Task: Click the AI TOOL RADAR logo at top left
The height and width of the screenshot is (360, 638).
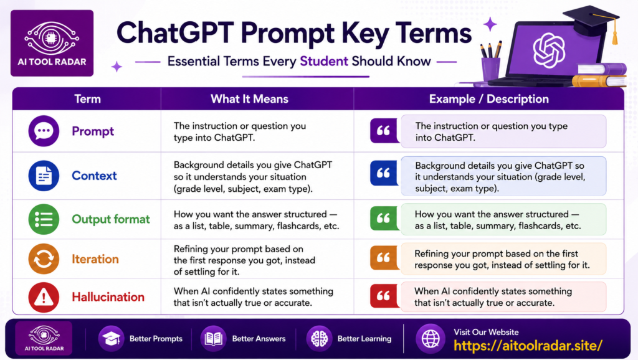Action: click(52, 43)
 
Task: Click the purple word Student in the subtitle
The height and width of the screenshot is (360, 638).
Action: click(324, 61)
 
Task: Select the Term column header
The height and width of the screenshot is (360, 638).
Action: click(87, 99)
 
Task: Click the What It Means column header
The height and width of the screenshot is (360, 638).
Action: click(249, 99)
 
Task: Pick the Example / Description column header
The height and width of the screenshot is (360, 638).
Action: click(488, 99)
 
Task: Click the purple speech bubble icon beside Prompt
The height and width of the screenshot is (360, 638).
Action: click(44, 131)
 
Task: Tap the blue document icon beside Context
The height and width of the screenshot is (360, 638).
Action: click(44, 176)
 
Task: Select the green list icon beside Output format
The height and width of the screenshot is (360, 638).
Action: click(44, 219)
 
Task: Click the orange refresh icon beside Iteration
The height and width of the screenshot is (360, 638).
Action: click(44, 258)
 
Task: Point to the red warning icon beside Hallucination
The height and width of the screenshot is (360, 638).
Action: click(44, 297)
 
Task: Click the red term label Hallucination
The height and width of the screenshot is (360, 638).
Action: click(108, 297)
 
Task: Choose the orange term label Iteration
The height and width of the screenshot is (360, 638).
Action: click(95, 259)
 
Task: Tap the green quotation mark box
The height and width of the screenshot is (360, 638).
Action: click(384, 219)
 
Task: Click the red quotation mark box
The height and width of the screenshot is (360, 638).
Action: click(384, 296)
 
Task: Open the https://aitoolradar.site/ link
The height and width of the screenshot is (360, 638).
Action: click(528, 346)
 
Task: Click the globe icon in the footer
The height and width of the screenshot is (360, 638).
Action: click(431, 338)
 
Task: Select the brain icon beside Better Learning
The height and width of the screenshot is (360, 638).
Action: click(319, 338)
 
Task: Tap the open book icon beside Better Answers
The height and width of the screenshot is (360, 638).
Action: click(213, 338)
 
